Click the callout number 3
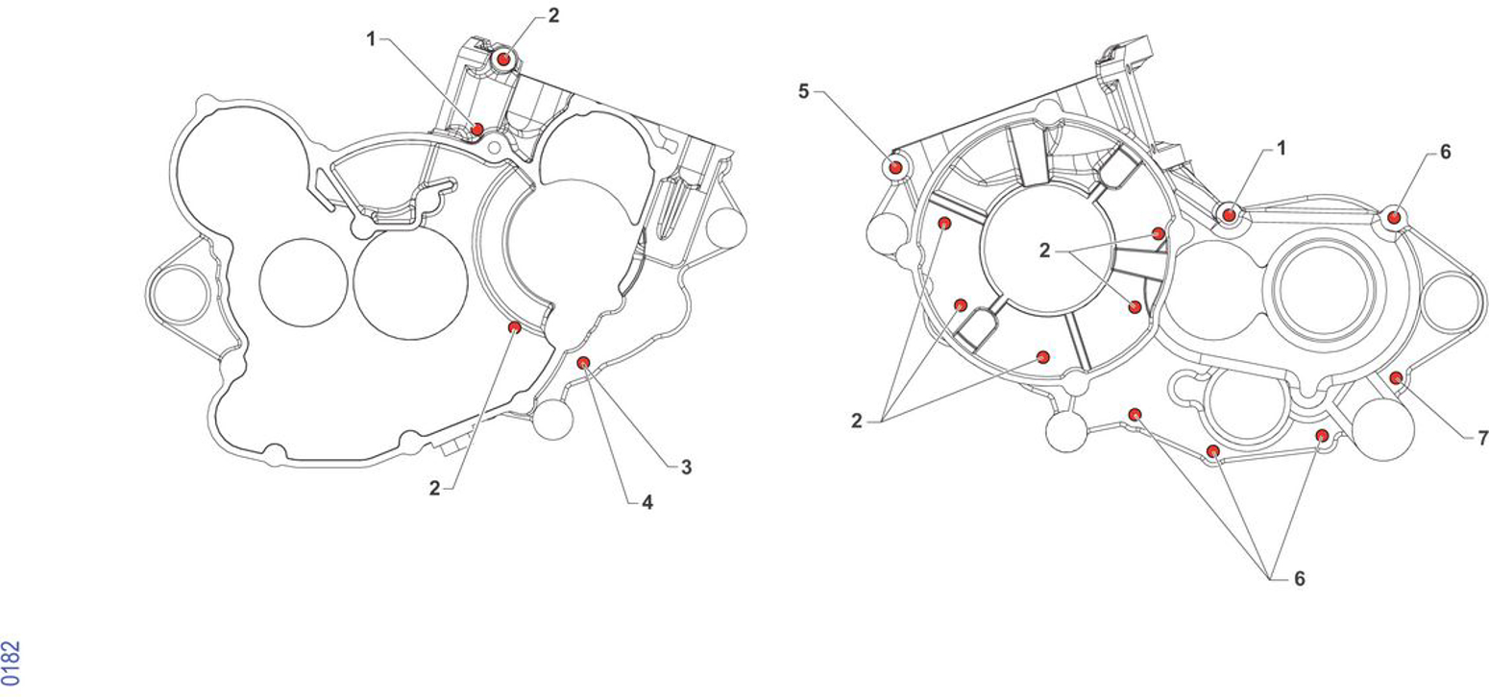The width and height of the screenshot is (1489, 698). pos(686,468)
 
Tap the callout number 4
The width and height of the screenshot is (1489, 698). pos(647,503)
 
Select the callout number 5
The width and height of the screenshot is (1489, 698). pos(804,91)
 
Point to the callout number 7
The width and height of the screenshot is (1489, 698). pos(1482,439)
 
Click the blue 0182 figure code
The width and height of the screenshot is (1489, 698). pos(12,662)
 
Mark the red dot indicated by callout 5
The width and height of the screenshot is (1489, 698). pos(895,167)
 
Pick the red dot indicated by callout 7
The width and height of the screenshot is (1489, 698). pos(1396,378)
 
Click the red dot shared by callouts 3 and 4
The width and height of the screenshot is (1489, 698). pos(583,362)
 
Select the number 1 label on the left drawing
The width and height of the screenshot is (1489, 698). pos(372,40)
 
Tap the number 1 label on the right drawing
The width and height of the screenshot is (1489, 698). pos(1281,149)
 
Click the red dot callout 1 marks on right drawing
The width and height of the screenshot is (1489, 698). pos(1229,214)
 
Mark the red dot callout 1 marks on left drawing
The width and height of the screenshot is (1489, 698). pos(476,129)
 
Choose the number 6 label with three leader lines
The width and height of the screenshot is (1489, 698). pos(1300,579)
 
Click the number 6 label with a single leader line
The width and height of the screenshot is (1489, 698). pos(1446,152)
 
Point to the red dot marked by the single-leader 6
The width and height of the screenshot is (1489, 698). pos(1395,217)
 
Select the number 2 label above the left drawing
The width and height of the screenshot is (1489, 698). pos(553,16)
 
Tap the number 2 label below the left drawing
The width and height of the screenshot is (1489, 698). pos(434,489)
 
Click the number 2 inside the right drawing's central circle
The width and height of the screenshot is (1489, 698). pos(1045,251)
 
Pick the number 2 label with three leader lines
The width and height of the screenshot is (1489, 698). pos(857,421)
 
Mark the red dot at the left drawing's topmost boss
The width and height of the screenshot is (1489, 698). pos(503,60)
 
